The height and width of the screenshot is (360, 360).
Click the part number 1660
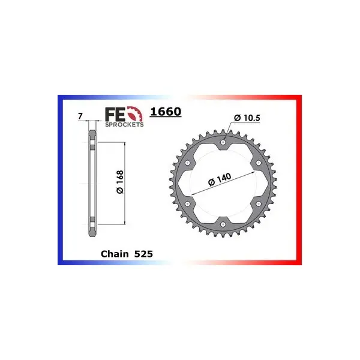coord(166,112)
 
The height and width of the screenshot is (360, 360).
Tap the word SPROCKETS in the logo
coord(124,125)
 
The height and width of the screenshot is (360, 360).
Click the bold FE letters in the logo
coord(115,115)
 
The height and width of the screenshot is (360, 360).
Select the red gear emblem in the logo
coord(134,114)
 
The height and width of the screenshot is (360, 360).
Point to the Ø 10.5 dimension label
coord(247,118)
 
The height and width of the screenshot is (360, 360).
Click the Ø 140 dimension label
coord(220,179)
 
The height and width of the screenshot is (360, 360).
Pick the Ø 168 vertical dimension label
coord(120,182)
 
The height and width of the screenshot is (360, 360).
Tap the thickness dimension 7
coord(80,116)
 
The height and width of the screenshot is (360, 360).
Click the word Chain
coord(115,254)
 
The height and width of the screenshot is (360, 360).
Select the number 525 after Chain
coord(143,254)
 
